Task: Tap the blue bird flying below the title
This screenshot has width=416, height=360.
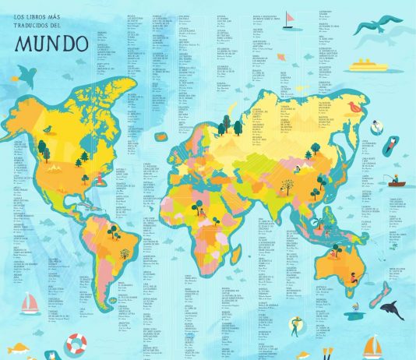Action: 26,76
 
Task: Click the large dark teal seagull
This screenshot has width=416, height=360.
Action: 379,25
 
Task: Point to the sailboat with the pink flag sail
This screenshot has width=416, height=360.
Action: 289,17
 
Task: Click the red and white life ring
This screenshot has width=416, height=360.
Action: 76,343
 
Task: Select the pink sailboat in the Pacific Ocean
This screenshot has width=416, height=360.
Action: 30,302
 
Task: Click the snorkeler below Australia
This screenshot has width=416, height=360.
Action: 297,325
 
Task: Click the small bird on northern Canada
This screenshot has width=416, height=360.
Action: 48,129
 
